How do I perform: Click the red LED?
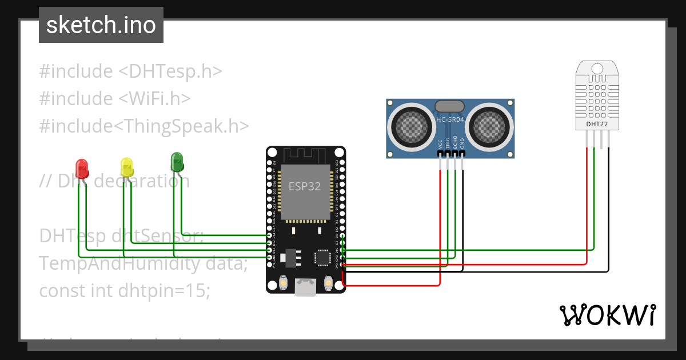(x=83, y=168)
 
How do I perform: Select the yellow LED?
(x=127, y=167)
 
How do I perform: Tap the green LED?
(x=177, y=162)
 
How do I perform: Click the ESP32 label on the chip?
(x=304, y=186)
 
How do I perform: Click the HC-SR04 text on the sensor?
(x=450, y=119)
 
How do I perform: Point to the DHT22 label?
(x=597, y=123)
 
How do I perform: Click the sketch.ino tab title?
(x=101, y=25)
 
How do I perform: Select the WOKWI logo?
(x=607, y=315)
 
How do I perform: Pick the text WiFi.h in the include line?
(x=155, y=98)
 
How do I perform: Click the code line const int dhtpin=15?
(x=125, y=290)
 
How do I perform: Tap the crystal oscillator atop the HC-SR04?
(x=450, y=106)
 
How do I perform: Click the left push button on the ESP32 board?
(x=283, y=283)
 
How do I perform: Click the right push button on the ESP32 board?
(x=329, y=283)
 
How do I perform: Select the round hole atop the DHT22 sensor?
(x=597, y=69)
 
